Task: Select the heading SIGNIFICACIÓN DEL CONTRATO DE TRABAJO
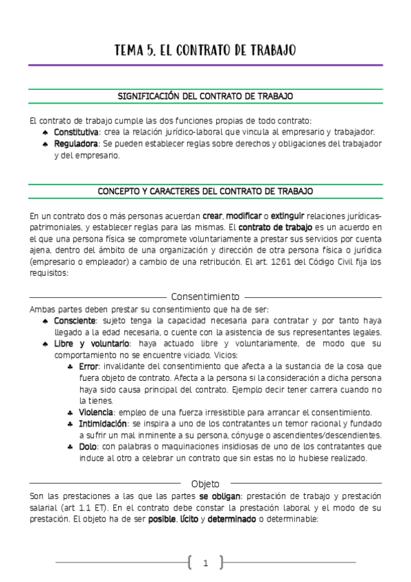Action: click(x=205, y=96)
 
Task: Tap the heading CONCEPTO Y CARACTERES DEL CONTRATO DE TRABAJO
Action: click(x=205, y=191)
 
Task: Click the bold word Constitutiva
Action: click(x=77, y=131)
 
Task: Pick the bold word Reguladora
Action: click(x=76, y=143)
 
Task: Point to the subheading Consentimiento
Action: click(x=205, y=296)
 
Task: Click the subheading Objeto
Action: click(x=205, y=483)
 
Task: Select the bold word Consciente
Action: click(x=75, y=321)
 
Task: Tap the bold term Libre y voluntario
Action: click(x=91, y=343)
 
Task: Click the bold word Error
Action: click(x=89, y=366)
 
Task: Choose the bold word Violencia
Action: click(x=95, y=412)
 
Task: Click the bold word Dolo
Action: click(x=88, y=447)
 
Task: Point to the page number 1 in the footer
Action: click(x=205, y=563)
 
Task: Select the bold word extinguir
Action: click(x=286, y=215)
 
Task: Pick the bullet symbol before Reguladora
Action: click(x=45, y=144)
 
